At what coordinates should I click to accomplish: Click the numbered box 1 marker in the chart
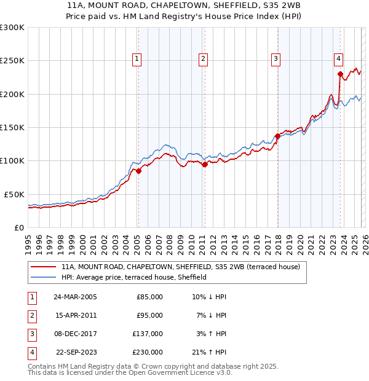(x=137, y=59)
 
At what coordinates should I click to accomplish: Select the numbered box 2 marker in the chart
(x=203, y=59)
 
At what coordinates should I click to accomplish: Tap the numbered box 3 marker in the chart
(x=276, y=59)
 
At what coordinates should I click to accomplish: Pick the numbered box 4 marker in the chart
(x=338, y=59)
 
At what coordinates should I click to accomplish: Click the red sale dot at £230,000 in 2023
(x=340, y=74)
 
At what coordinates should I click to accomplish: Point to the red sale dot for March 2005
(x=138, y=171)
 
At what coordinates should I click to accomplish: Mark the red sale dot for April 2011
(x=205, y=164)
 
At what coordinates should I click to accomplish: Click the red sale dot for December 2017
(x=277, y=136)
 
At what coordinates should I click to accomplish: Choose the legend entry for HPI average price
(x=133, y=277)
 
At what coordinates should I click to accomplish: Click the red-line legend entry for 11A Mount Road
(x=180, y=267)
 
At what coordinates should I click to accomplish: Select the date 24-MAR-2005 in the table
(x=75, y=297)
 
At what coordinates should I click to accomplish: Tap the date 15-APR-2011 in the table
(x=75, y=315)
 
